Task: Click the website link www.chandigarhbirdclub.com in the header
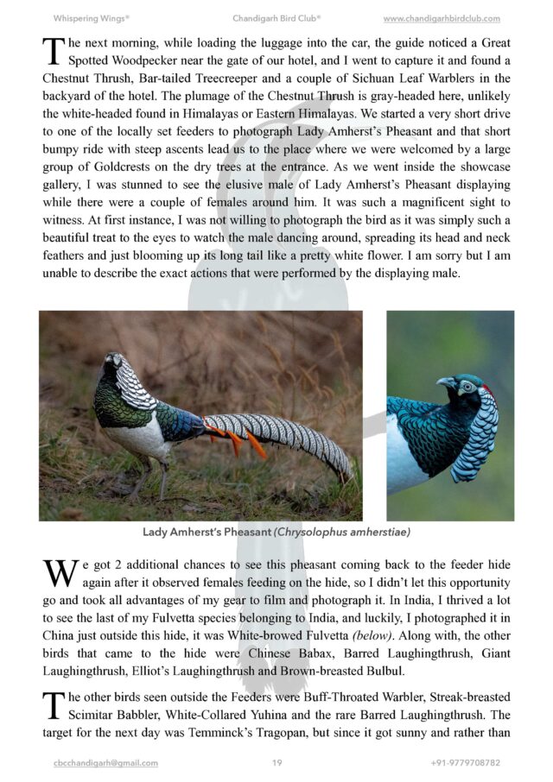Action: tap(441, 18)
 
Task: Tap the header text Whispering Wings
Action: tap(91, 18)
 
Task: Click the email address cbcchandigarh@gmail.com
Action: tap(105, 763)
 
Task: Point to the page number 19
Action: tap(276, 763)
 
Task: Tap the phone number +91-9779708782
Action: tap(465, 763)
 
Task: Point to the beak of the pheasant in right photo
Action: tap(444, 382)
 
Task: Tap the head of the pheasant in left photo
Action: tap(111, 363)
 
